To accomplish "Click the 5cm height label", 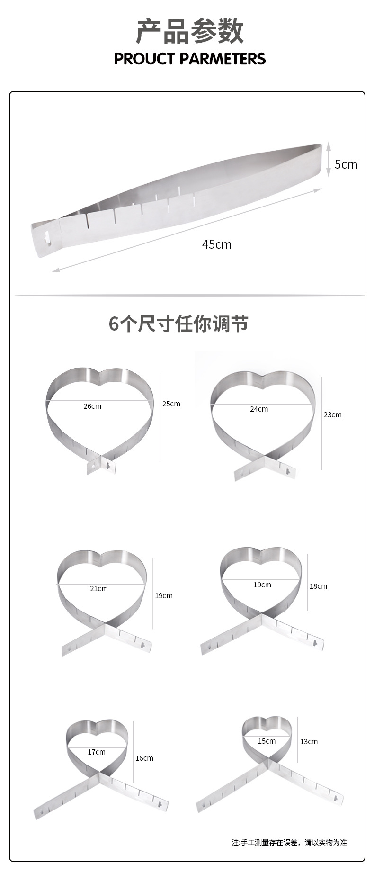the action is [346, 164].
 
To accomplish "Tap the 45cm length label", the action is [217, 244].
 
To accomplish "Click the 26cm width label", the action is [92, 406].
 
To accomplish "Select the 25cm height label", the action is [171, 404].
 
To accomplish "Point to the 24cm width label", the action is [259, 409].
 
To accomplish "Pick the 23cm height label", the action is [332, 414].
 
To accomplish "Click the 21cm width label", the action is [99, 588].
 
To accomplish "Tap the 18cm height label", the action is [318, 586].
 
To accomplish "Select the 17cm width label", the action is [97, 752].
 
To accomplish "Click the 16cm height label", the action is [144, 758].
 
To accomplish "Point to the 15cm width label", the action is [267, 741].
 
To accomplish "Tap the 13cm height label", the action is [309, 741].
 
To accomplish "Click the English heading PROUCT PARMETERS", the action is [190, 59].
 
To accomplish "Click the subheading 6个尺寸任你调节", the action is [178, 324].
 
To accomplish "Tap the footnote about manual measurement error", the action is [289, 842].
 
